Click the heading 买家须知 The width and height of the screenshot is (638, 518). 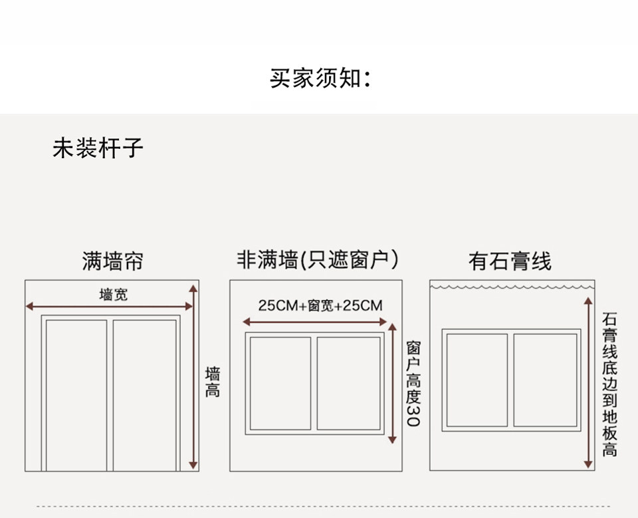[x=318, y=78]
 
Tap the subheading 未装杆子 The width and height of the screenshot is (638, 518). [x=98, y=148]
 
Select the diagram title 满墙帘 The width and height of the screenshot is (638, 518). [x=112, y=261]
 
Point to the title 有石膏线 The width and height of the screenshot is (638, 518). [x=510, y=261]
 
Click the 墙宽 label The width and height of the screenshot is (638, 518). [x=113, y=294]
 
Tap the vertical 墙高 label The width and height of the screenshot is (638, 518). [x=213, y=382]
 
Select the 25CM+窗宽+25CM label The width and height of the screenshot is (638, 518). [x=320, y=306]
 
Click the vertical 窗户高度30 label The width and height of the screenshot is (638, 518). [x=413, y=384]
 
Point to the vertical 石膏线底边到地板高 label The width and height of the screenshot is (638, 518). [x=609, y=384]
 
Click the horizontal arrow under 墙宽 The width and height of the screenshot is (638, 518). [x=109, y=307]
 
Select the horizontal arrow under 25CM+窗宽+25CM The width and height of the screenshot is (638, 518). [x=316, y=322]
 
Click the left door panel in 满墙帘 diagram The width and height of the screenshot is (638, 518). [x=76, y=395]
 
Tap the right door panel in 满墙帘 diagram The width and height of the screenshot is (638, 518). [x=144, y=395]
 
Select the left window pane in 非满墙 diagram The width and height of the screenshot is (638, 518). [x=280, y=384]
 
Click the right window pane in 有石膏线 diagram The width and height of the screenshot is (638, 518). [x=545, y=380]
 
